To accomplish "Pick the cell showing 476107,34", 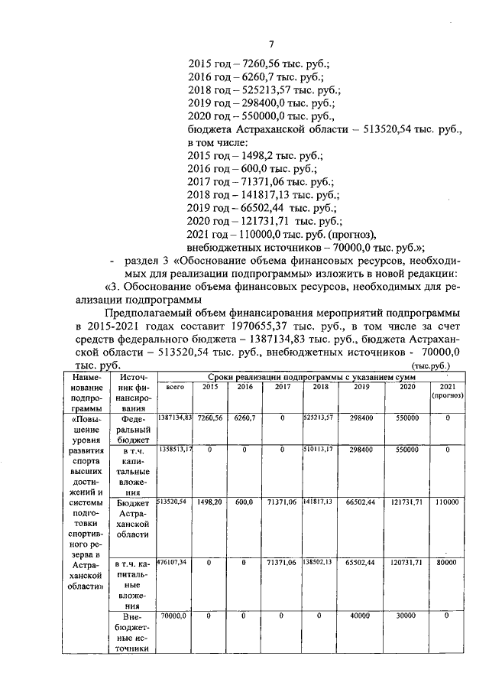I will pyautogui.click(x=175, y=562).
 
